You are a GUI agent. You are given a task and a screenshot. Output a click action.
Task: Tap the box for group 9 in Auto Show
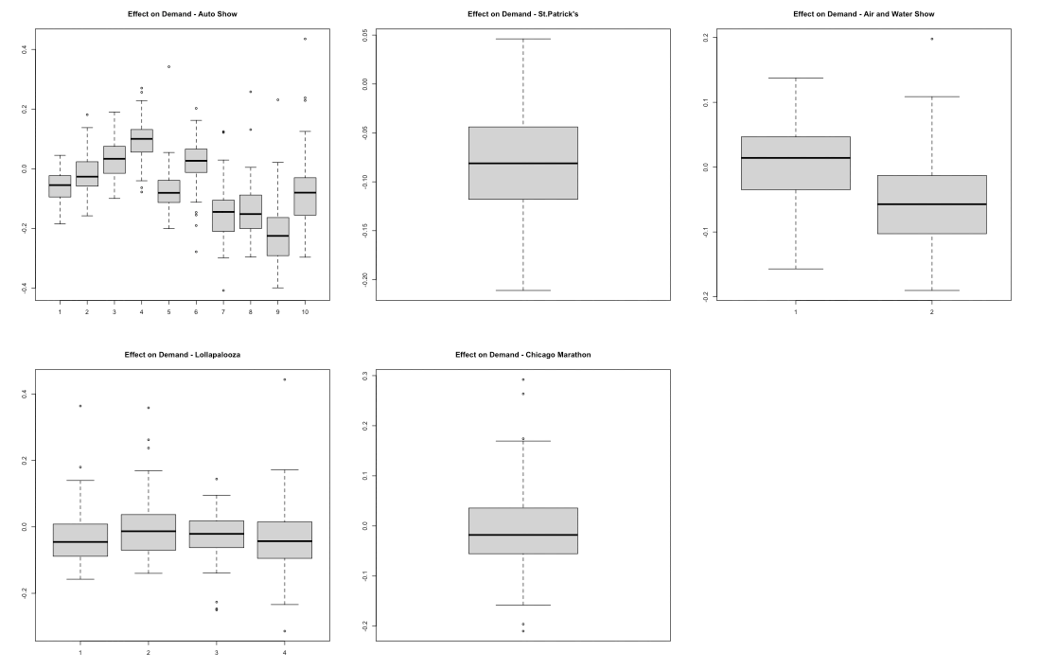pyautogui.click(x=278, y=237)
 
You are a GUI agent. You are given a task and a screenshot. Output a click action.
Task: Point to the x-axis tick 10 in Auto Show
pyautogui.click(x=305, y=311)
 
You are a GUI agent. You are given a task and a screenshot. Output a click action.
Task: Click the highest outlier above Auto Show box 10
pyautogui.click(x=305, y=39)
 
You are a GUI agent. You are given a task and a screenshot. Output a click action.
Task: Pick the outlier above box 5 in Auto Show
pyautogui.click(x=169, y=66)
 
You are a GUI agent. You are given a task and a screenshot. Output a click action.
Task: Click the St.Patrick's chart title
pyautogui.click(x=522, y=14)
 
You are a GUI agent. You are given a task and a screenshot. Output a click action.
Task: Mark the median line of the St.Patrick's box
pyautogui.click(x=522, y=163)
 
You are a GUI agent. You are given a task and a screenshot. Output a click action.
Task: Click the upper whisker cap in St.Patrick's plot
pyautogui.click(x=522, y=39)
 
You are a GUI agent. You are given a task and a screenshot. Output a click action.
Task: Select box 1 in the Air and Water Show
pyautogui.click(x=796, y=163)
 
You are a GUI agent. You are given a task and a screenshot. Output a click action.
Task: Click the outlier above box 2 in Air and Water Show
pyautogui.click(x=931, y=39)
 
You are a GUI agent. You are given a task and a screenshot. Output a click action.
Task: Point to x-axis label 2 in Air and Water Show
pyautogui.click(x=931, y=311)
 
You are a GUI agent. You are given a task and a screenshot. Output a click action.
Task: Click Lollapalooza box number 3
pyautogui.click(x=217, y=535)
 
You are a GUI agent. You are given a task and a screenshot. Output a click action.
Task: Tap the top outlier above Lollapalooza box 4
pyautogui.click(x=284, y=379)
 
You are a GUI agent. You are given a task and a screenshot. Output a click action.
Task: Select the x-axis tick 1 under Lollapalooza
pyautogui.click(x=80, y=653)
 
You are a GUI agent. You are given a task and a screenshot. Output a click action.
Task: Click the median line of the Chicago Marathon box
pyautogui.click(x=522, y=535)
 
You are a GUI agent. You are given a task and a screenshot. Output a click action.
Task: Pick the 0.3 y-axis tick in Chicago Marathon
pyautogui.click(x=364, y=376)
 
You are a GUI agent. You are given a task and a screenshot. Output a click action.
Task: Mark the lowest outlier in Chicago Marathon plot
pyautogui.click(x=522, y=630)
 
